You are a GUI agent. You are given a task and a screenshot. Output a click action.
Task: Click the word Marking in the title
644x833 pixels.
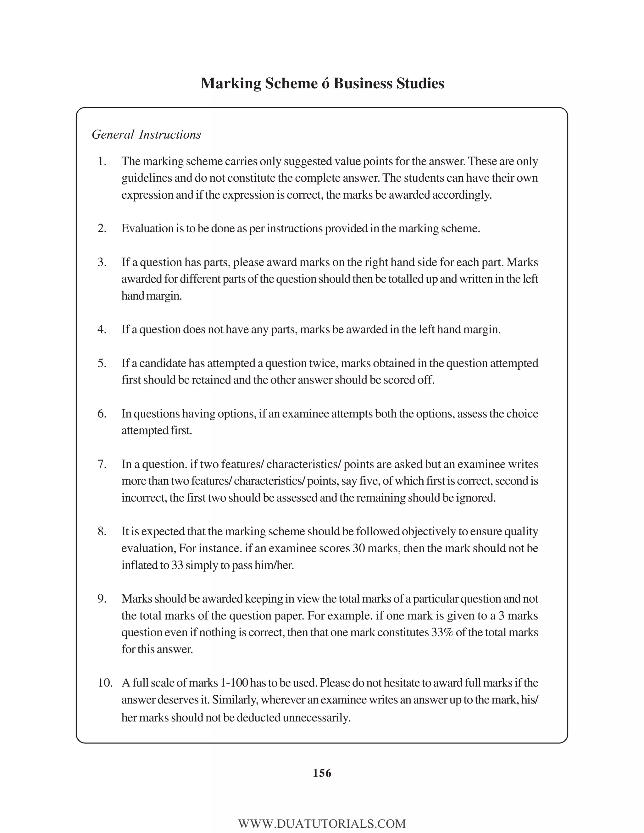tap(230, 84)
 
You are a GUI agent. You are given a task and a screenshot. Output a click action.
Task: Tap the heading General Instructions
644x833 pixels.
tap(146, 135)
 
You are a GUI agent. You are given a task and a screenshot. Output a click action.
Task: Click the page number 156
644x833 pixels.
tap(322, 773)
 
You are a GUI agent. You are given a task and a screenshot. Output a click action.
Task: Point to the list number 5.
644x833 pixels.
tap(102, 363)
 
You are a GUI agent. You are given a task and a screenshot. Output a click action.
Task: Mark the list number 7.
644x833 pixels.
tap(102, 464)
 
